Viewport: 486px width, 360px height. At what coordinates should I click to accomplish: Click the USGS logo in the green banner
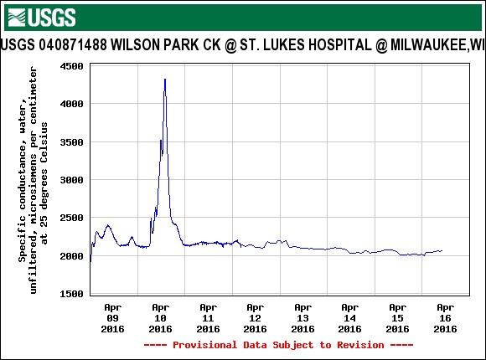tap(40, 17)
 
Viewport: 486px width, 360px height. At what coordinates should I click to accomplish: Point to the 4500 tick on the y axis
tap(70, 65)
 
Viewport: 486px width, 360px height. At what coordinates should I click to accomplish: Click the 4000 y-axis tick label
tap(70, 104)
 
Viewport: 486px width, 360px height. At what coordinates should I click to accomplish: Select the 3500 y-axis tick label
tap(70, 141)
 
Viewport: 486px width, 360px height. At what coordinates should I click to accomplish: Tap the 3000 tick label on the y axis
tap(70, 180)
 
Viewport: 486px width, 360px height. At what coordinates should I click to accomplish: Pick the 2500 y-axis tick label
tap(70, 218)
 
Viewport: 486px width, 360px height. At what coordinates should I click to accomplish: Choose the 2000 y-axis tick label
tap(70, 256)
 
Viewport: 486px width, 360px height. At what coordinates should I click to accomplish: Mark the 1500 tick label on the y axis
tap(70, 294)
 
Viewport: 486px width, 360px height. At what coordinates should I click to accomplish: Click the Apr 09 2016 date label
tap(113, 318)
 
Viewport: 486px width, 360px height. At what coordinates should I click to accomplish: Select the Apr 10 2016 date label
tap(161, 318)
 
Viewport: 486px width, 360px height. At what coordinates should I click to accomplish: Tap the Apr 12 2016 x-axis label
tap(256, 318)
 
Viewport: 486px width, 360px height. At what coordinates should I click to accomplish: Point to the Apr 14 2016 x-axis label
tap(350, 318)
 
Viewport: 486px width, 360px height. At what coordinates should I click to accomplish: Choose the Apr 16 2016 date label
tap(446, 318)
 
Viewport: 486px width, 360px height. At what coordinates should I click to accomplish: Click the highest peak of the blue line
tap(164, 80)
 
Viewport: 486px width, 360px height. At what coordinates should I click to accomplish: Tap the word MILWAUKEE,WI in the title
tap(434, 44)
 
